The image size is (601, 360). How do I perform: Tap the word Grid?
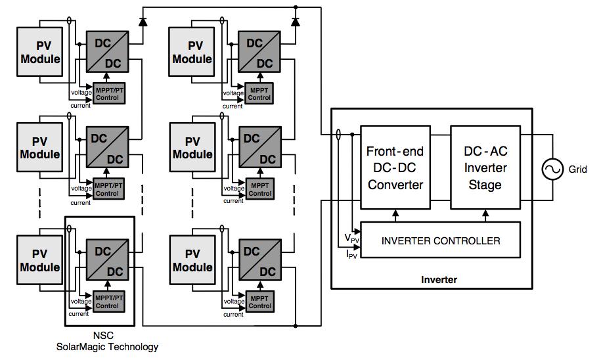coord(578,169)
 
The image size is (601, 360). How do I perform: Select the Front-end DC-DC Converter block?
coord(395,168)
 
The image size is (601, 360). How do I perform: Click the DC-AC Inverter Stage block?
coord(485,168)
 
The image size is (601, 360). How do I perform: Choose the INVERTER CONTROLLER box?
coord(441,240)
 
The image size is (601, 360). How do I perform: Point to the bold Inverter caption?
coord(439,280)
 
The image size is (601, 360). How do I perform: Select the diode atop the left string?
coord(143,21)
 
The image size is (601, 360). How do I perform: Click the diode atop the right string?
coord(296,21)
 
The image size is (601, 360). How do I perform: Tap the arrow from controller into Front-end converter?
coord(395,215)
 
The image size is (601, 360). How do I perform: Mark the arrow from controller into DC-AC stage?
coord(485,215)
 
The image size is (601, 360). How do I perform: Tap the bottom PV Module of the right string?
coord(192,260)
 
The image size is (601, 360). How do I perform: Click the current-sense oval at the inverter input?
coord(338,135)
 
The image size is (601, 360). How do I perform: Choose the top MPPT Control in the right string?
coord(260,93)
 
